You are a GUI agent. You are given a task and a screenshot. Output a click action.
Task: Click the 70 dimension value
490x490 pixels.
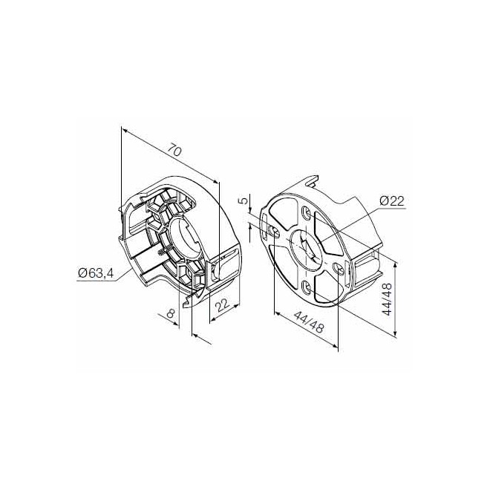click(173, 151)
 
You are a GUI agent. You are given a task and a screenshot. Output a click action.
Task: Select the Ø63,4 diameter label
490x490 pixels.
click(95, 274)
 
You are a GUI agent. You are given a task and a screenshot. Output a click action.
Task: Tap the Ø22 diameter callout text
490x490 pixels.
click(391, 201)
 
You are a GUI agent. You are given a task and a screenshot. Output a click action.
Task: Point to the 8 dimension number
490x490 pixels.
click(171, 315)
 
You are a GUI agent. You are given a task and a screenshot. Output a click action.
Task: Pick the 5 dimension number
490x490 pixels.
click(243, 201)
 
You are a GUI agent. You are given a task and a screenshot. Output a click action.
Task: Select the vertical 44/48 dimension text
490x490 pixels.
click(387, 299)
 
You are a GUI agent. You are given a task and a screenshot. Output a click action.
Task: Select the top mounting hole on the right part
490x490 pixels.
click(307, 213)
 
